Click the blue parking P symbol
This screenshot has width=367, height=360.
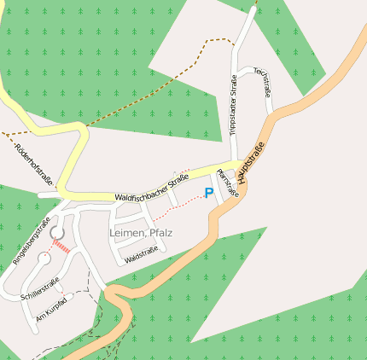[208, 193]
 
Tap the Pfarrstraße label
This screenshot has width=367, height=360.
[228, 182]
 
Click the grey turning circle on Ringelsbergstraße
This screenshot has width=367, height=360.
[58, 232]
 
